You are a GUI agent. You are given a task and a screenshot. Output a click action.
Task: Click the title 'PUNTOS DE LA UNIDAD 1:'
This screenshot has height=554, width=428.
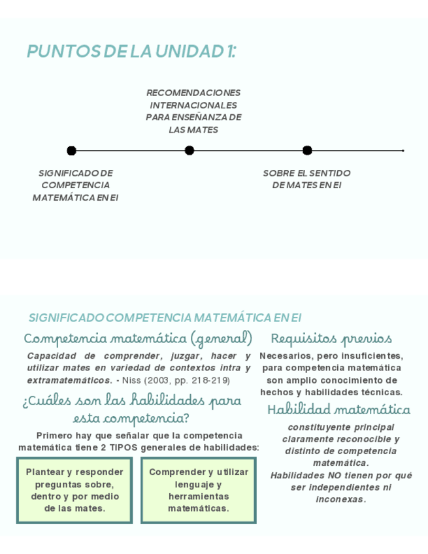[x=131, y=52]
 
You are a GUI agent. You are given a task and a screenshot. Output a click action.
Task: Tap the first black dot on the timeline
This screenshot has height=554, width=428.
[x=71, y=151]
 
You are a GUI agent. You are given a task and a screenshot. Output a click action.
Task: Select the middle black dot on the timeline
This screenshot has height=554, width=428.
[x=189, y=151]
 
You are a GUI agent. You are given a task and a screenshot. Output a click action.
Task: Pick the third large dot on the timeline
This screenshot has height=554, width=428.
[x=307, y=151]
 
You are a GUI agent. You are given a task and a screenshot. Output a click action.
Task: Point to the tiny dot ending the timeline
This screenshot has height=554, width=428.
[x=403, y=151]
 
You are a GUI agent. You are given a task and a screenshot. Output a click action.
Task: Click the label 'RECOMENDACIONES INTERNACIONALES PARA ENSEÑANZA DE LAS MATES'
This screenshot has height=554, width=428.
[x=193, y=111]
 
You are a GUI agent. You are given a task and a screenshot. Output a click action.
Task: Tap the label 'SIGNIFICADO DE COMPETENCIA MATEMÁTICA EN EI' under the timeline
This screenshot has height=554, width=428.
[x=75, y=186]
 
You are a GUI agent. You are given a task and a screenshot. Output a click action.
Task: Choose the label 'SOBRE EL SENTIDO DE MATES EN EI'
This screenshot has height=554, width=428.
[x=306, y=179]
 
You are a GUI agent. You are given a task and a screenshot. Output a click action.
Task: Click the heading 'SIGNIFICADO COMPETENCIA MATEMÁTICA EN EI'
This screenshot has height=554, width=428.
[x=165, y=318]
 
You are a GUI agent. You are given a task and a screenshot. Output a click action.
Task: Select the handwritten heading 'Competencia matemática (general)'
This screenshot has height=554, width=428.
[x=138, y=339]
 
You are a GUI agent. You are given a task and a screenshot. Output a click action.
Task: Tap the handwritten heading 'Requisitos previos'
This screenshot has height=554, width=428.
[x=331, y=339]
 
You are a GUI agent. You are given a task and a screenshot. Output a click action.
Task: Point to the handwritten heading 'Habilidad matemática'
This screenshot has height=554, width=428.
[x=338, y=410]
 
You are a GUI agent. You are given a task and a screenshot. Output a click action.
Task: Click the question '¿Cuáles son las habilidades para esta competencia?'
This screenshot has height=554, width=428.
[x=131, y=409]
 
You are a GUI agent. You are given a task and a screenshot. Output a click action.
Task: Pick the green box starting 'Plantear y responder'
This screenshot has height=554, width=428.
[x=74, y=490]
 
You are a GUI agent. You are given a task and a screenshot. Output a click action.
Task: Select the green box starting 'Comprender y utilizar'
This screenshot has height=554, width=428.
[x=198, y=490]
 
